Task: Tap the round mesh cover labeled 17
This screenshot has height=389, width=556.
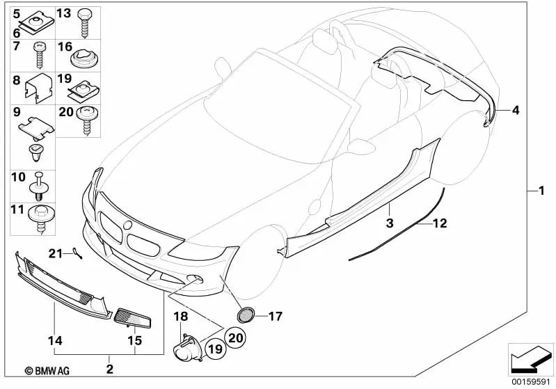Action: [x=246, y=315]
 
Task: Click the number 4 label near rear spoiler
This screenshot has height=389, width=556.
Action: [x=515, y=111]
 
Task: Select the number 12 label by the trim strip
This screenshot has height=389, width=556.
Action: [x=440, y=223]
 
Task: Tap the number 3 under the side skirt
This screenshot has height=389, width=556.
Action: [x=390, y=223]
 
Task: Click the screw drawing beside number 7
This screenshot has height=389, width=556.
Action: [x=39, y=53]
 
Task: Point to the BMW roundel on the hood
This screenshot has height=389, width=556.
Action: [x=127, y=224]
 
